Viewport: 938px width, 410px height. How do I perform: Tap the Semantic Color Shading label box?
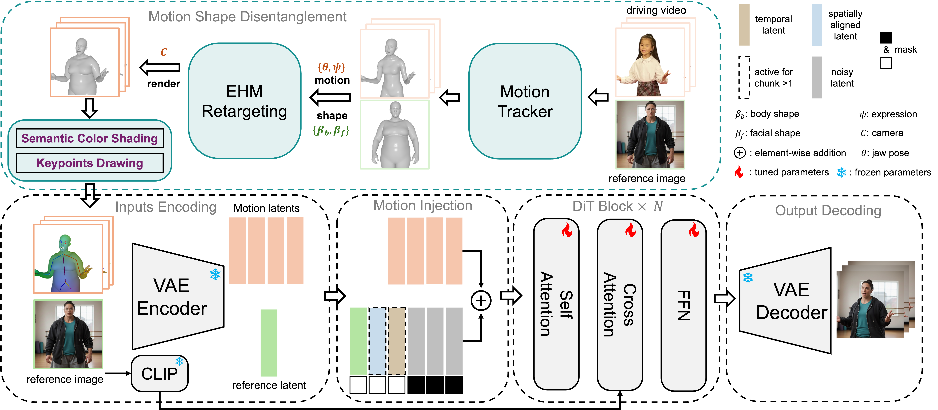coord(90,138)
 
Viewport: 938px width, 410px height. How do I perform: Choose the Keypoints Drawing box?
coord(90,163)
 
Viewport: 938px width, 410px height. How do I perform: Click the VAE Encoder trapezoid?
coord(178,297)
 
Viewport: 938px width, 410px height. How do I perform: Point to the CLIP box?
coord(159,373)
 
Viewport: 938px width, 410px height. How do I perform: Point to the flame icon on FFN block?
coord(694,230)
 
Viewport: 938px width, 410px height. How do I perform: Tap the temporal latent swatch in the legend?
coord(744,25)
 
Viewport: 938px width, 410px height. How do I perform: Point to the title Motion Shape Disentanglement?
coord(248,17)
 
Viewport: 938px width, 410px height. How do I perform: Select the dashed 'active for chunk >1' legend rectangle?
coord(744,77)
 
